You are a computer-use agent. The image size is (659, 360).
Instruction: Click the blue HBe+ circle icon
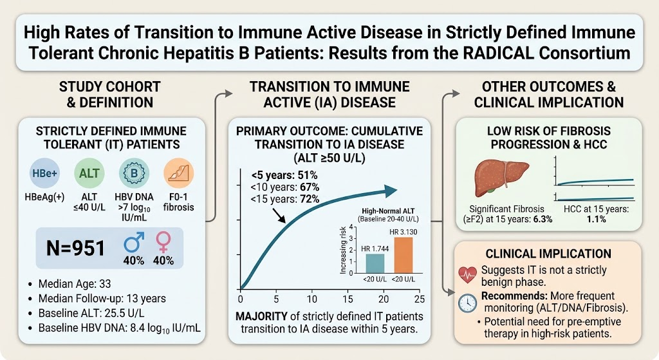click(x=44, y=173)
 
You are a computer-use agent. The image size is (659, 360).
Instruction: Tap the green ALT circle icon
click(x=89, y=173)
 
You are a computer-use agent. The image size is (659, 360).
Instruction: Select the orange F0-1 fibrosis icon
click(x=179, y=173)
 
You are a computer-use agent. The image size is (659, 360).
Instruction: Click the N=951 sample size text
click(x=75, y=248)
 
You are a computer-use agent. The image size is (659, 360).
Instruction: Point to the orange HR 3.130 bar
click(x=404, y=255)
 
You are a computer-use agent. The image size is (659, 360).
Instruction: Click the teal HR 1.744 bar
click(x=375, y=263)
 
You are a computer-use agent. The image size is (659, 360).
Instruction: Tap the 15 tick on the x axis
click(x=348, y=299)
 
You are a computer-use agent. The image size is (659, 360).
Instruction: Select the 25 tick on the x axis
click(x=420, y=299)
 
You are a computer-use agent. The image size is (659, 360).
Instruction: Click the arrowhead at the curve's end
click(x=391, y=191)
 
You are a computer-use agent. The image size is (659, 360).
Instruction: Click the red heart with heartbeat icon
click(x=467, y=275)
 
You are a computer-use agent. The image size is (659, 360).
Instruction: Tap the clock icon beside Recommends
click(x=467, y=303)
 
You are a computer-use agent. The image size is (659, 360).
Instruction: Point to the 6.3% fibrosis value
click(x=542, y=220)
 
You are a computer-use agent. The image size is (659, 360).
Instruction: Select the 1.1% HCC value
click(x=596, y=220)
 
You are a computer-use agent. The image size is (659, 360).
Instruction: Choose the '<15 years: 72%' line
click(x=285, y=199)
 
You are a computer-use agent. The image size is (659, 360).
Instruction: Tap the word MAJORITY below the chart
click(x=261, y=316)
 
